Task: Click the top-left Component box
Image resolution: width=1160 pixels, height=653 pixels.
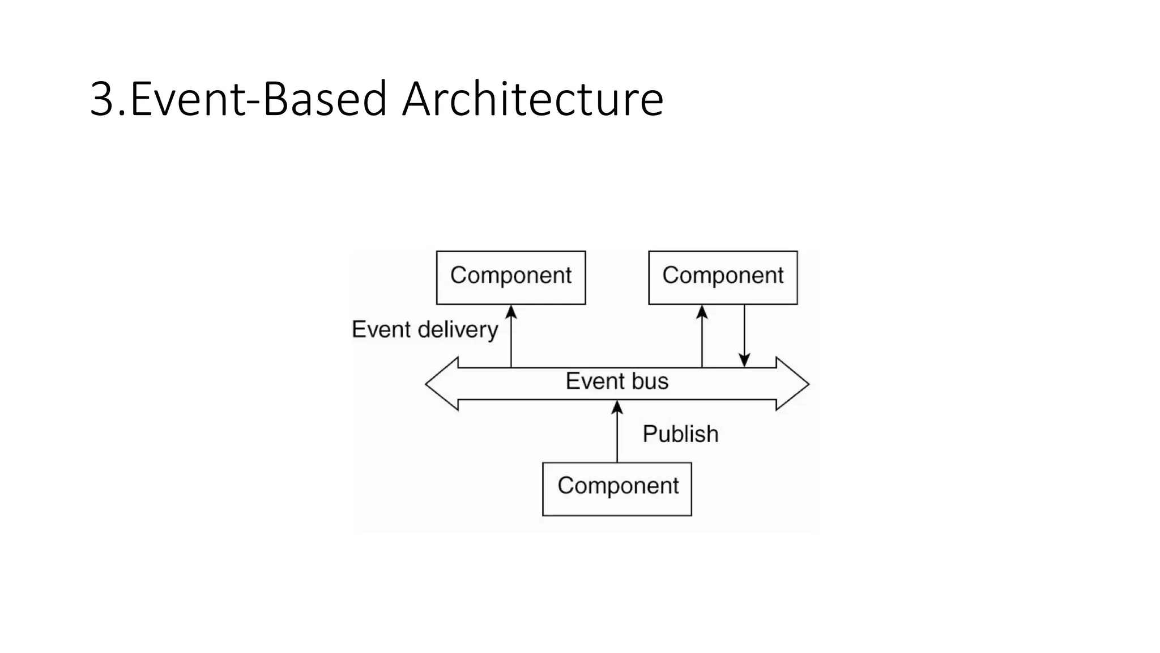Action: pyautogui.click(x=511, y=277)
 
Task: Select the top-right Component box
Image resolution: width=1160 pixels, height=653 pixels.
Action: pyautogui.click(x=723, y=277)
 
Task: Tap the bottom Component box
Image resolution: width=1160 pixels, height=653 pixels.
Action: pyautogui.click(x=617, y=489)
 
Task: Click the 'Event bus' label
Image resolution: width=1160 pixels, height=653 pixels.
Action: pyautogui.click(x=617, y=381)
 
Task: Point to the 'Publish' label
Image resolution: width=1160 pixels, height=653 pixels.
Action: pyautogui.click(x=680, y=434)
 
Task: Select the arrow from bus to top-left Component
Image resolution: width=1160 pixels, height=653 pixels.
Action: pyautogui.click(x=511, y=337)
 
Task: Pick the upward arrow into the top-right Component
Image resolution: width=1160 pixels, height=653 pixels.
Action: pyautogui.click(x=702, y=337)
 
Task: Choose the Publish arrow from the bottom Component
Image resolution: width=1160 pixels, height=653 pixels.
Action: pyautogui.click(x=617, y=431)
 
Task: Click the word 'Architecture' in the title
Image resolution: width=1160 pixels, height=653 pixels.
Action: pyautogui.click(x=532, y=99)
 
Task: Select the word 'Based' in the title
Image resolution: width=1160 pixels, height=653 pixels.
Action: pyautogui.click(x=325, y=99)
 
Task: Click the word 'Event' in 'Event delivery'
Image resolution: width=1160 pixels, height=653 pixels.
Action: pyautogui.click(x=381, y=329)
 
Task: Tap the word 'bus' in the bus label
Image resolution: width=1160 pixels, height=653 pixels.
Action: pyautogui.click(x=650, y=381)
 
